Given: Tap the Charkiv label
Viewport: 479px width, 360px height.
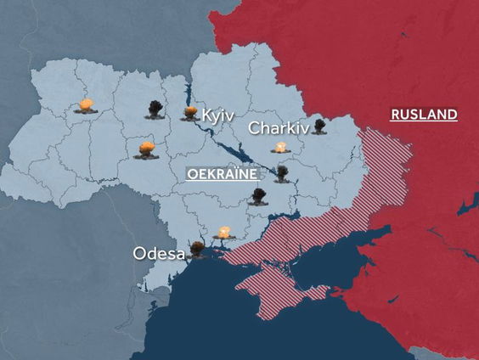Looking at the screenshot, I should point(277,129).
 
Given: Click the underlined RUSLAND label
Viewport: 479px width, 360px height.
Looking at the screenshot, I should point(423,115).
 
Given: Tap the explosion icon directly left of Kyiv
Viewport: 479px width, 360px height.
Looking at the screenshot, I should point(189,113).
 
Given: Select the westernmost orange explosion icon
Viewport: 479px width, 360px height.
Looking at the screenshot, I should point(86,106).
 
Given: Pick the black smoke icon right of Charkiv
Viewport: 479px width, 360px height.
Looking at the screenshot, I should point(319,127).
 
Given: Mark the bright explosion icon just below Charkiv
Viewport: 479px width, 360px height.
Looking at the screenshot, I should point(281,148).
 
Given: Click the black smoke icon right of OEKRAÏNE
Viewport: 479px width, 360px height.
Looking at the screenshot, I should point(281,173).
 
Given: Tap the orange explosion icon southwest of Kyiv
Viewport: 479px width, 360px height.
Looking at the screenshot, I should point(146,150).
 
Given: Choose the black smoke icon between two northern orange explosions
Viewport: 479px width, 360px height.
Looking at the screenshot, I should point(155,110).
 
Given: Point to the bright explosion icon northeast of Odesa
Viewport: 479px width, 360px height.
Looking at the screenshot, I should point(224,231).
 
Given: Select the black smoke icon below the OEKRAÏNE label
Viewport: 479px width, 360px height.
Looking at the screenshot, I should point(259,197).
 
